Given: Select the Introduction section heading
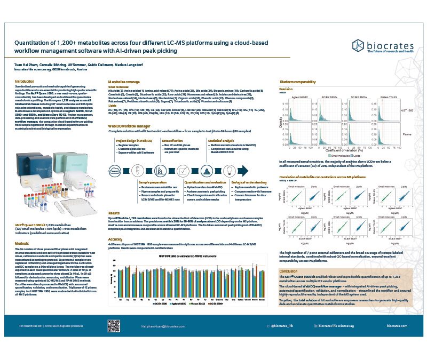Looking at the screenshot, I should tap(23, 81).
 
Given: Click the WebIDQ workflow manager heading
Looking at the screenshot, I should tap(131, 122).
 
